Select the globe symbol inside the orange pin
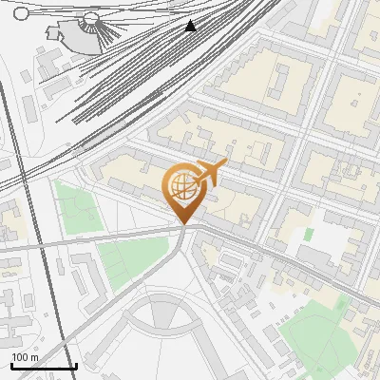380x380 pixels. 183,188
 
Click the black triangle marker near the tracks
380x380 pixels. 191,25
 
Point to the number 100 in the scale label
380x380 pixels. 20,357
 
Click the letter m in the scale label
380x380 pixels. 35,357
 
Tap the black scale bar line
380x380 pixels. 43,366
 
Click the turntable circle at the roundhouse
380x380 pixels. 91,18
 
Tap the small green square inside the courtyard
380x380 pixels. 310,234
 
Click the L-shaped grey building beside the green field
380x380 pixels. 81,275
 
